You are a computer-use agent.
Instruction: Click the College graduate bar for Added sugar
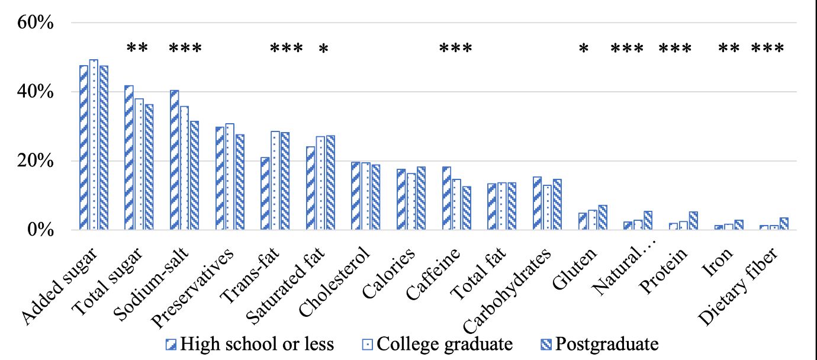click(94, 145)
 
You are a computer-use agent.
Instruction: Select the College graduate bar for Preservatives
click(230, 177)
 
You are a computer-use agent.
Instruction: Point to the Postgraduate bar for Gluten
click(603, 218)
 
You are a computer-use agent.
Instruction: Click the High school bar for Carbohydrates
click(537, 204)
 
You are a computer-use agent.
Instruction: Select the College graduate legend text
click(444, 344)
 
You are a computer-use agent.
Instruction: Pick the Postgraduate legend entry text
click(607, 344)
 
